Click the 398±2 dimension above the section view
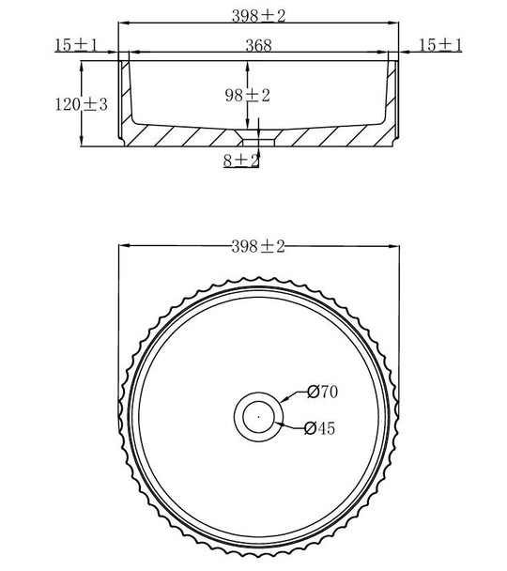257,15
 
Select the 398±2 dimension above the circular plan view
257,246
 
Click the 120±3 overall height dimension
81,104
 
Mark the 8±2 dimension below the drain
241,161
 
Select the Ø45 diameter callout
320,429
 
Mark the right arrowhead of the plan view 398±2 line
393,247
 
